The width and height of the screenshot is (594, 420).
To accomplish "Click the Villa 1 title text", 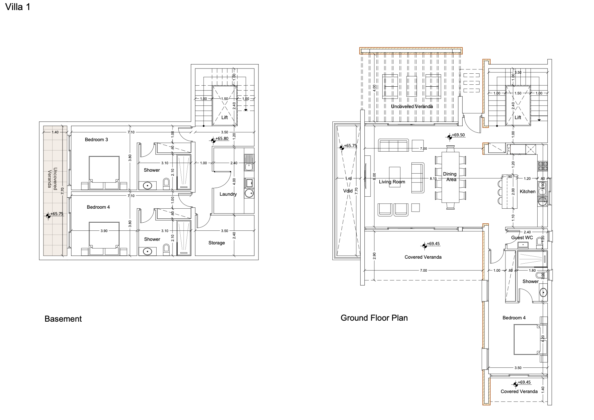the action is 18,7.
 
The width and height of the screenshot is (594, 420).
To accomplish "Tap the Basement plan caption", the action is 63,319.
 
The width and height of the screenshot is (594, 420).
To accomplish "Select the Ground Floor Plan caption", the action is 374,318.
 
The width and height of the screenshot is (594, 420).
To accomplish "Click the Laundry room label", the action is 228,194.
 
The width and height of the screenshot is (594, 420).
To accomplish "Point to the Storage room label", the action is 217,243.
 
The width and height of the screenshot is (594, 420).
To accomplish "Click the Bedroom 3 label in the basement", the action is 96,140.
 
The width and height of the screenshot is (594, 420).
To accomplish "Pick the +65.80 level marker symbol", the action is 213,140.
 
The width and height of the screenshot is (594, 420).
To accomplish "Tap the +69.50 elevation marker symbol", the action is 449,137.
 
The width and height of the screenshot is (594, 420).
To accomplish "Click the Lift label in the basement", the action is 225,117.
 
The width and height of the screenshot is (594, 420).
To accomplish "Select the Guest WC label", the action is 522,238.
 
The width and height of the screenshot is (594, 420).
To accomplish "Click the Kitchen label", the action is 528,191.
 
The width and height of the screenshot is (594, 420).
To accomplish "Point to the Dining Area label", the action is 450,177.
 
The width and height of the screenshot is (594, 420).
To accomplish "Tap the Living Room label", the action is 392,182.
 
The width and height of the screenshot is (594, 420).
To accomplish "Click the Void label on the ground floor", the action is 348,191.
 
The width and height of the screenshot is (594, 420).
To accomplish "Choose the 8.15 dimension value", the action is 433,179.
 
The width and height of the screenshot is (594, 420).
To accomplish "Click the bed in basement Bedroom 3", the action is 104,173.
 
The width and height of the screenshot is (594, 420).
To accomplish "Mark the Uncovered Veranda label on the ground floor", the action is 412,106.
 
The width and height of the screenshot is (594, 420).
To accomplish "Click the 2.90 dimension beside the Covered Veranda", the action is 374,256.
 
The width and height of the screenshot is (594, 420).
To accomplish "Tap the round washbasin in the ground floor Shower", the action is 543,293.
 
